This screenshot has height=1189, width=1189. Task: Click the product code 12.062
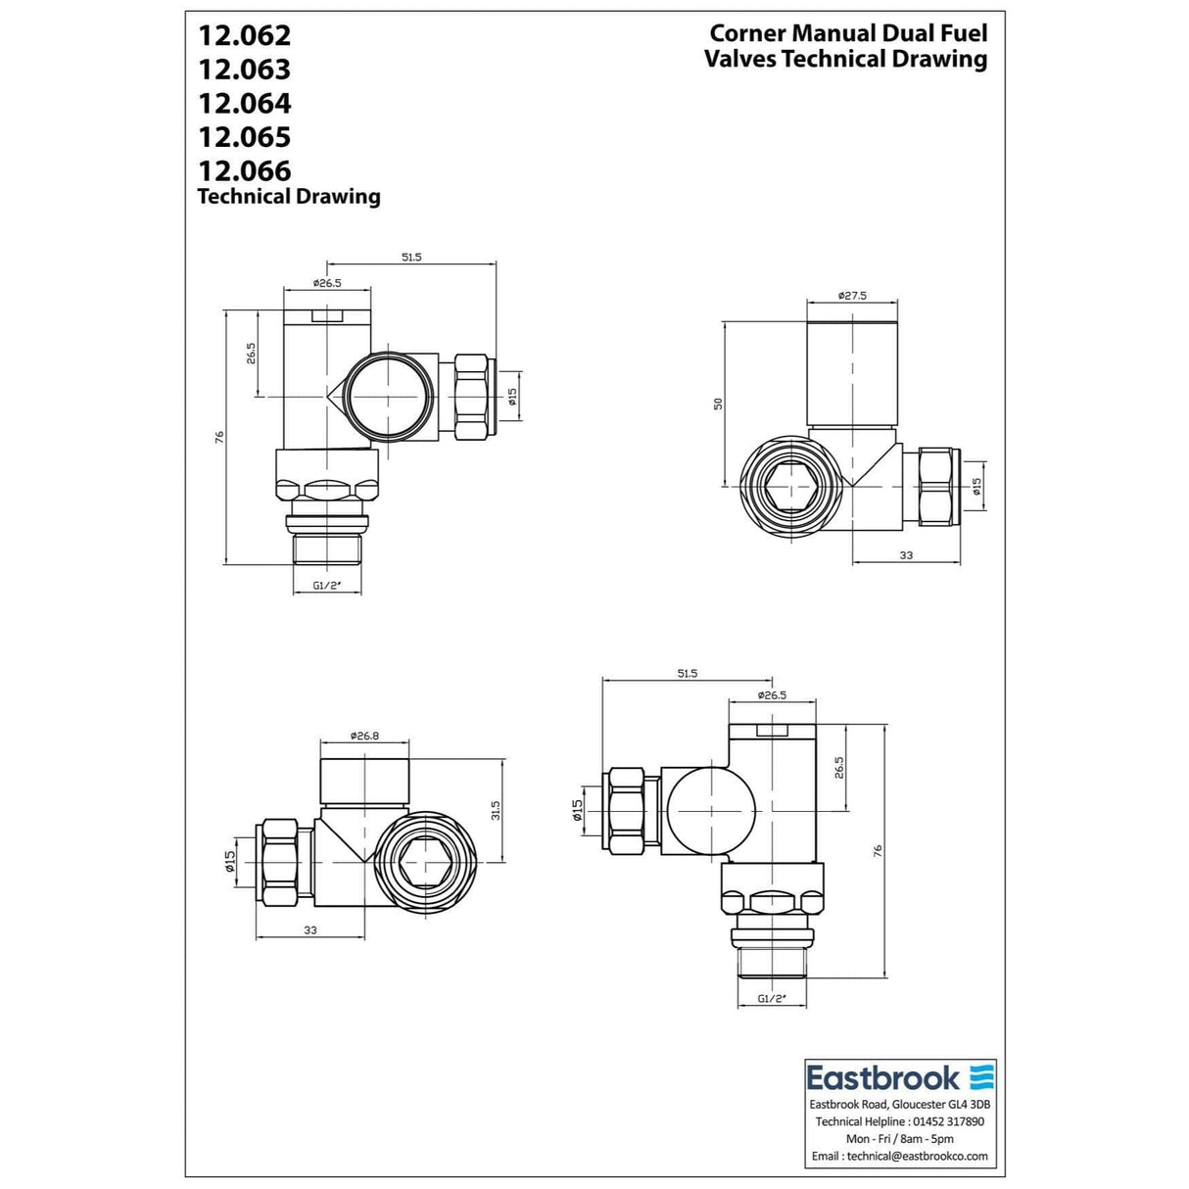click(244, 35)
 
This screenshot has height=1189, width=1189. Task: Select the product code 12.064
click(244, 103)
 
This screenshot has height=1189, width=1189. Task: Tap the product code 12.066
click(244, 170)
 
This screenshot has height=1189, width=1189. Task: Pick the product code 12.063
click(244, 70)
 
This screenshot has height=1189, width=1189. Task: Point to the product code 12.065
click(244, 137)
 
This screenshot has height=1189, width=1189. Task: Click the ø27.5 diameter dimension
click(852, 296)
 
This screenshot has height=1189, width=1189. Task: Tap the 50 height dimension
click(718, 404)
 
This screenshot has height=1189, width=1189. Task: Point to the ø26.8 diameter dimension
click(364, 737)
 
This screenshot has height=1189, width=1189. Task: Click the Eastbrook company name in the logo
click(882, 1078)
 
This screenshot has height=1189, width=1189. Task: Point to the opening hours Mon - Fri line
click(900, 1139)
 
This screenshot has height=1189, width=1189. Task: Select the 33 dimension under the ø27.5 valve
click(906, 555)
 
